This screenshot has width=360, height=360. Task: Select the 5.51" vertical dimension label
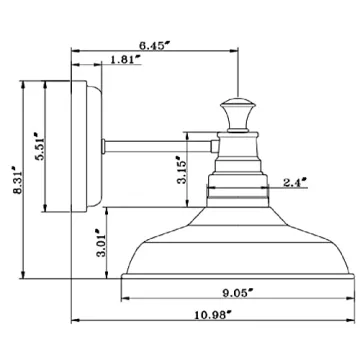(41, 145)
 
